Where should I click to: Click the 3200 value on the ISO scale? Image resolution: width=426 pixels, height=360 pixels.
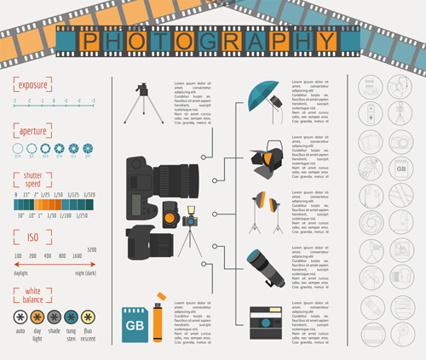coord(91,248)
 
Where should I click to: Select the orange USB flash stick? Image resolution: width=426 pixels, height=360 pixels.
coord(157,319)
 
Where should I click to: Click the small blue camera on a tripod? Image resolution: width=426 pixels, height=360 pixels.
coord(189,223)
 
